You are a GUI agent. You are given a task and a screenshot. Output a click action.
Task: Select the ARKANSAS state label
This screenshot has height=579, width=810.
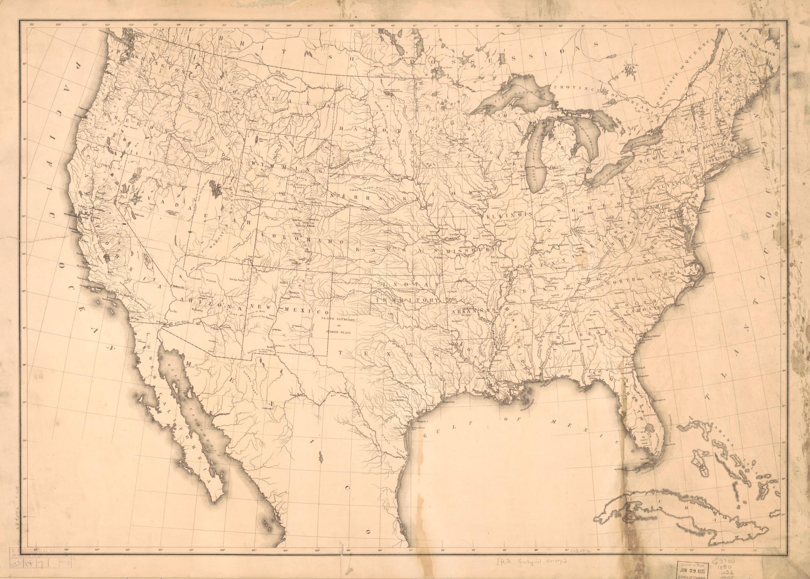coord(467,311)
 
